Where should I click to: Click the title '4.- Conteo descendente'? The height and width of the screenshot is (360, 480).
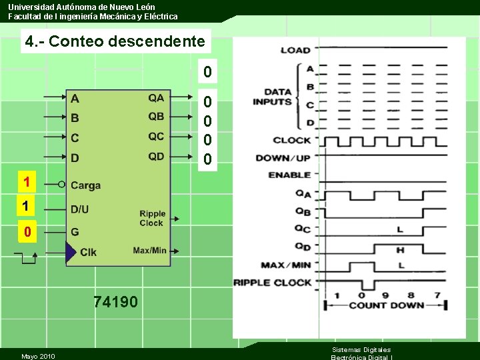pyautogui.click(x=115, y=41)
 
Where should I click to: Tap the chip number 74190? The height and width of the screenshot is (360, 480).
pyautogui.click(x=116, y=303)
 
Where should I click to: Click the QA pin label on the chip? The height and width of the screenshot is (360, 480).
pyautogui.click(x=156, y=98)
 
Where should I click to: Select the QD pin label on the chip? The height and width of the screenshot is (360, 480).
pyautogui.click(x=156, y=157)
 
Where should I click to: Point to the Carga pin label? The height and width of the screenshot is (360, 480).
pyautogui.click(x=85, y=185)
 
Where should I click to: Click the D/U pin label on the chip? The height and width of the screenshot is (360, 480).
pyautogui.click(x=79, y=209)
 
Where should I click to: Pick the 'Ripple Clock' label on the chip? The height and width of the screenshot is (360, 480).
pyautogui.click(x=152, y=219)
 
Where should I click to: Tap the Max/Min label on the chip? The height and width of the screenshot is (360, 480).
pyautogui.click(x=149, y=251)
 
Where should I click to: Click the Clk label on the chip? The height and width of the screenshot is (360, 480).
pyautogui.click(x=88, y=252)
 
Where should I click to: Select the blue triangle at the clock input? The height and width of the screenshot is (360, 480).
pyautogui.click(x=70, y=252)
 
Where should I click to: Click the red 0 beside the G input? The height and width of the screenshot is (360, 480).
pyautogui.click(x=27, y=233)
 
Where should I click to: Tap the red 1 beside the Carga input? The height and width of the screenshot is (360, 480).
pyautogui.click(x=26, y=181)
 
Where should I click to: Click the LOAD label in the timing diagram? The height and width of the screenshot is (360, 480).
pyautogui.click(x=295, y=50)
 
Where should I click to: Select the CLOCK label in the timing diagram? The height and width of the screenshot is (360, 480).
pyautogui.click(x=292, y=141)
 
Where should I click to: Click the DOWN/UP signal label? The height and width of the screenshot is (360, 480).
pyautogui.click(x=283, y=158)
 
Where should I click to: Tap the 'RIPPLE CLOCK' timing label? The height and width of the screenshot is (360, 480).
pyautogui.click(x=273, y=283)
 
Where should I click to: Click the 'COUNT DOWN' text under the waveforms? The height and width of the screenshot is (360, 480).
pyautogui.click(x=386, y=305)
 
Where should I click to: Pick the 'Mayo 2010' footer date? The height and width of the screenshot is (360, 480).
pyautogui.click(x=38, y=356)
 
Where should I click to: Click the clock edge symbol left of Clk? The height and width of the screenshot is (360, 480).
pyautogui.click(x=29, y=257)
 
